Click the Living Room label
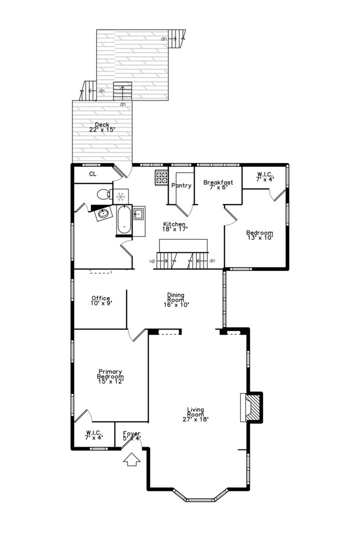(195, 414)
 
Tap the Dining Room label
(176, 300)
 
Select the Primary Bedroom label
(110, 376)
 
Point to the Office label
(101, 300)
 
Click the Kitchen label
(174, 226)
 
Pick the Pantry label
(181, 185)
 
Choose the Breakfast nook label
(218, 185)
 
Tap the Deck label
(102, 127)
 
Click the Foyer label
(131, 436)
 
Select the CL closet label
(92, 174)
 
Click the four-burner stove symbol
(161, 177)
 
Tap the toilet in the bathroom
(103, 194)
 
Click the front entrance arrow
(131, 459)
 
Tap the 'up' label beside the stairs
(152, 261)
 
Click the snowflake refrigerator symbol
(120, 196)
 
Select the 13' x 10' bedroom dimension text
(260, 237)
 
